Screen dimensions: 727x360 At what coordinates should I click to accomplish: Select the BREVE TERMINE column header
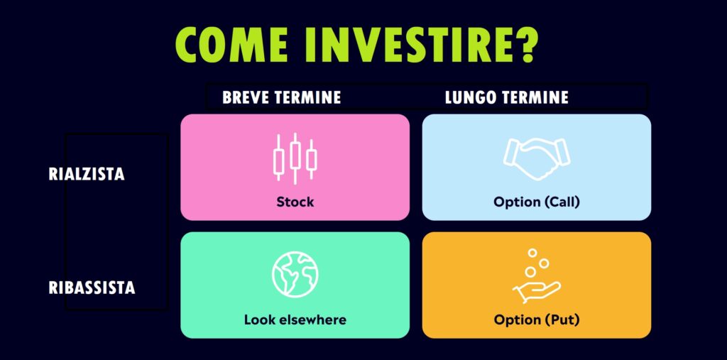click(281, 97)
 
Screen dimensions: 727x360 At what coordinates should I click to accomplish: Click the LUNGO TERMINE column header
click(506, 97)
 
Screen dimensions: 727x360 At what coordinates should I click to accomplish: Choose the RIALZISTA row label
click(86, 174)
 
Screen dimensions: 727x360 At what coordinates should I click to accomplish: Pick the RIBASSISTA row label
click(92, 288)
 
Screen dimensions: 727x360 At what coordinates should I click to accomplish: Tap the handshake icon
click(537, 158)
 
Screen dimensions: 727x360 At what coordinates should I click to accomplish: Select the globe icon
click(295, 274)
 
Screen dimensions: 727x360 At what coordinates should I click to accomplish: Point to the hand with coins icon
click(537, 276)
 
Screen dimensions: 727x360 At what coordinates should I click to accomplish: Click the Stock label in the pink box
click(295, 202)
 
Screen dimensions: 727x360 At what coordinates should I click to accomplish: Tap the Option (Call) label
click(537, 202)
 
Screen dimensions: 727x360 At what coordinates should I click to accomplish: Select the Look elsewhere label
click(295, 320)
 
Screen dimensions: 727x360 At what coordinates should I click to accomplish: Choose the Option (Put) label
click(537, 320)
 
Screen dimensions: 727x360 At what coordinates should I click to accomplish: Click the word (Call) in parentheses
click(562, 202)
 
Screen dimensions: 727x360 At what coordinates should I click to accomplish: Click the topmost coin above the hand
click(532, 253)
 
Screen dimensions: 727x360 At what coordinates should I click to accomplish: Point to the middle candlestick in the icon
click(295, 159)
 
